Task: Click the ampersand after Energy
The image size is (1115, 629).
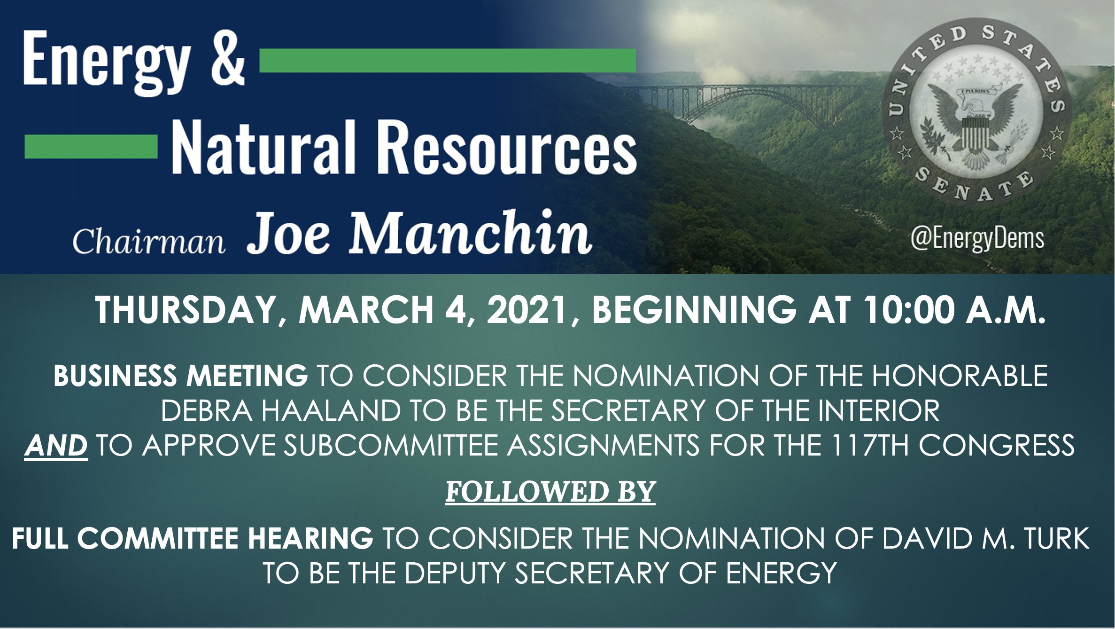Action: click(x=228, y=58)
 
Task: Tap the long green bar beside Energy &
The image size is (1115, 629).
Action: click(x=448, y=61)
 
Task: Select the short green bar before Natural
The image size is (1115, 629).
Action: click(x=91, y=147)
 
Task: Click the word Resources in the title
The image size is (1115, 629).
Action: click(x=507, y=147)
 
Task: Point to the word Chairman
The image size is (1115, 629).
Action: click(x=149, y=242)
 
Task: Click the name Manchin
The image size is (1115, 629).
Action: click(x=470, y=232)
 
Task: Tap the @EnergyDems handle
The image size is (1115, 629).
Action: click(x=977, y=238)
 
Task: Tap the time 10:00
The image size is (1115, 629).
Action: click(x=909, y=310)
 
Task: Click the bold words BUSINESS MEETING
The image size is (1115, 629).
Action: click(x=180, y=376)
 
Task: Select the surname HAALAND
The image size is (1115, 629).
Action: click(x=331, y=410)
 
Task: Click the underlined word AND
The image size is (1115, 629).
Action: click(x=56, y=445)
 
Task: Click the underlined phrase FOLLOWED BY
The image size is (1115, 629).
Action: click(x=550, y=492)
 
